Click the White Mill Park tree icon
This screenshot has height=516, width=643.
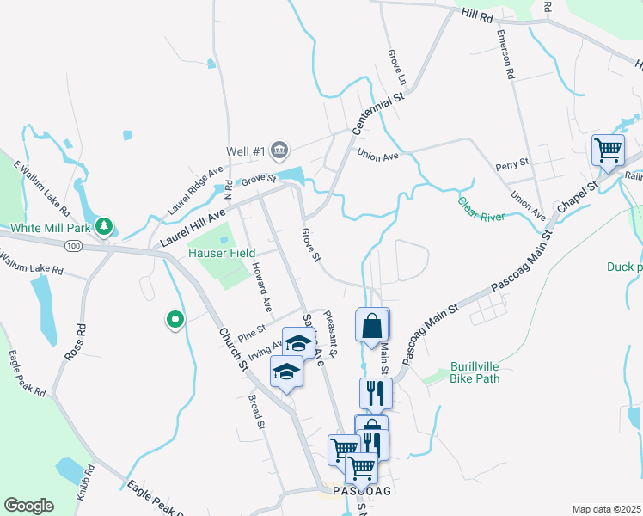[x=105, y=227]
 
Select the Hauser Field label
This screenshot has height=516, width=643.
[x=222, y=253]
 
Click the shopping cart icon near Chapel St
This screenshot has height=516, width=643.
[x=608, y=150]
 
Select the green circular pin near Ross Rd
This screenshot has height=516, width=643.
[x=175, y=321]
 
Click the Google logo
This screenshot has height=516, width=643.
[x=28, y=506]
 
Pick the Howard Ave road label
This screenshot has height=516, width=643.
[x=261, y=287]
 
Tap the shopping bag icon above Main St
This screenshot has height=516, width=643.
[x=373, y=327]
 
